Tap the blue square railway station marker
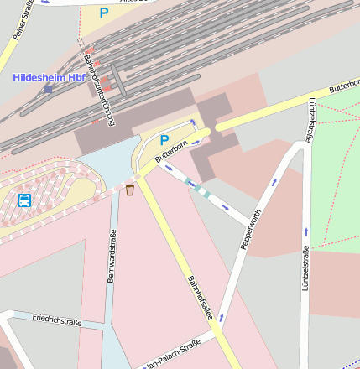(49, 88)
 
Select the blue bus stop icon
(23, 200)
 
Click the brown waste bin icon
(130, 190)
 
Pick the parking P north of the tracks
(104, 13)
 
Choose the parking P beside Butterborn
(164, 140)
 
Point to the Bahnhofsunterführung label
(99, 90)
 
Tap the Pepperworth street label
(251, 229)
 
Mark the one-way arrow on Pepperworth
(274, 182)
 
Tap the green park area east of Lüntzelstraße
(336, 168)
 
